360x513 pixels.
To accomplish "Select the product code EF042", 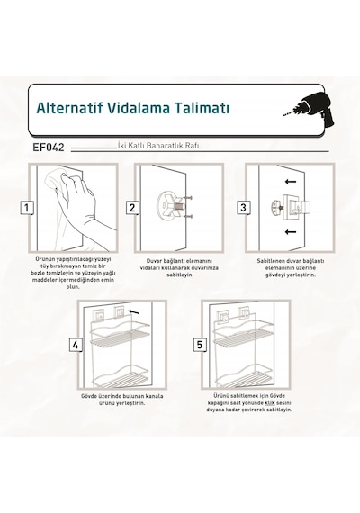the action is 49,148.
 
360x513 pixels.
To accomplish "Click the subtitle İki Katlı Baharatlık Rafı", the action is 158,146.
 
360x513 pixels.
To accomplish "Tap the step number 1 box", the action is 27,208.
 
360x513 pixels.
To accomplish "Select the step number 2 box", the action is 132,208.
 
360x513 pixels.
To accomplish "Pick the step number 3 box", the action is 244,208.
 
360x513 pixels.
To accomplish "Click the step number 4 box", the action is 76,345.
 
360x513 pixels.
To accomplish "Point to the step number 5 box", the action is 200,345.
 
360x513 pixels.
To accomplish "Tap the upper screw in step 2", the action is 188,198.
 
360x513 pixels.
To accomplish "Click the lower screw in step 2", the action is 188,216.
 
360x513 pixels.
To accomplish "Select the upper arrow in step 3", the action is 291,181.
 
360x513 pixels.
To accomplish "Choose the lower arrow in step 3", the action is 291,232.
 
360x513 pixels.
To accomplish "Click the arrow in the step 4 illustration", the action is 134,311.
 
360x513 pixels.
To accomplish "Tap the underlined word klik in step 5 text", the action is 269,402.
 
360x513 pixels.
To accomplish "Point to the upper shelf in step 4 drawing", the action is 121,333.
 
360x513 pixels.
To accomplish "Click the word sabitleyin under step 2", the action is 179,274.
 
